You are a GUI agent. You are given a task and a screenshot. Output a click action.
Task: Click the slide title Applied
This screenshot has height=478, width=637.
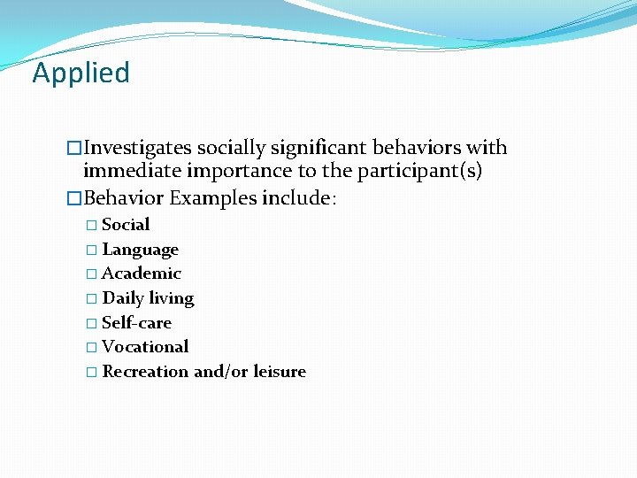[81, 73]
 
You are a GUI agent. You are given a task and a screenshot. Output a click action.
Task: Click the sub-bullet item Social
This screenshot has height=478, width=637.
[126, 225]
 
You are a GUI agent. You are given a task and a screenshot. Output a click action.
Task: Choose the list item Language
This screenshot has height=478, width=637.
[140, 251]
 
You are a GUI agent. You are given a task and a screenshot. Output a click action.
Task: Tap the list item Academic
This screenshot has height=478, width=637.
[142, 274]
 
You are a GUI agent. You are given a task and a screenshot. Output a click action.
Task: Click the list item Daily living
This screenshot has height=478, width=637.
[148, 298]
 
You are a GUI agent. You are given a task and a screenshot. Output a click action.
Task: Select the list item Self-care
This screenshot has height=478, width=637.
[136, 323]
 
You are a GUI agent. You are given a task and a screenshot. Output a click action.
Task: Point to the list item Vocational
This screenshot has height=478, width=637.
[145, 347]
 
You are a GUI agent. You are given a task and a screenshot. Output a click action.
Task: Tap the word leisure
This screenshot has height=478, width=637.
[279, 372]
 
